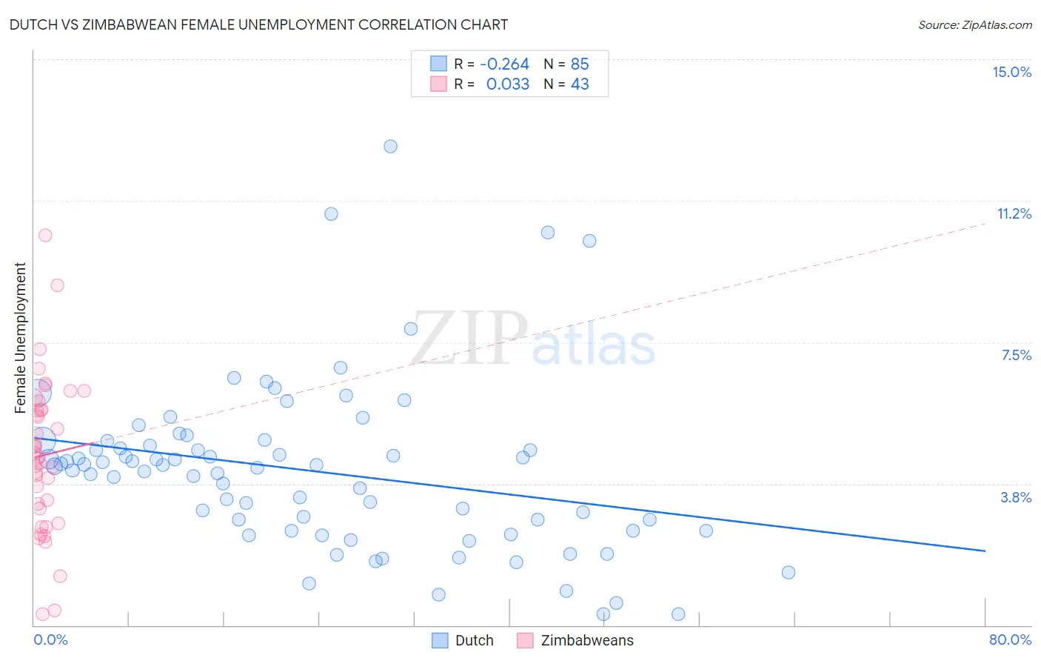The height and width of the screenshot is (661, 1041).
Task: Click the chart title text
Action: [x=258, y=24]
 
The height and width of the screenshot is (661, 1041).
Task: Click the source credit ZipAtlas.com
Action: [x=974, y=24]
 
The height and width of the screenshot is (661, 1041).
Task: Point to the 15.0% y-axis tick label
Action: [x=1011, y=72]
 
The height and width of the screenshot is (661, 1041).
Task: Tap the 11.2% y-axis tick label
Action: [x=1014, y=214]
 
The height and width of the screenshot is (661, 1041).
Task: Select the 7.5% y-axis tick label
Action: [x=1016, y=356]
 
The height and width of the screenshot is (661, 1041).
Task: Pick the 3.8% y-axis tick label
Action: [x=1016, y=497]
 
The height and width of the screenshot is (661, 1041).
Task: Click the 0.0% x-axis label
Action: [x=50, y=640]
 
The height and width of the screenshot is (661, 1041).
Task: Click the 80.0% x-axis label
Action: [x=1010, y=640]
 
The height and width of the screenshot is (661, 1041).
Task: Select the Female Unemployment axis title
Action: [x=20, y=338]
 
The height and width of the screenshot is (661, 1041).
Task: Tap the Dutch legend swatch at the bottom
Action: [x=440, y=640]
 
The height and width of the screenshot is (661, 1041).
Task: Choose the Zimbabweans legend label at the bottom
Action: [x=586, y=640]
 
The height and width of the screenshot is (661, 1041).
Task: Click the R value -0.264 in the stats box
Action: [x=504, y=64]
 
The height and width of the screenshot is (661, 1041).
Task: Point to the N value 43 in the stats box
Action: [x=580, y=84]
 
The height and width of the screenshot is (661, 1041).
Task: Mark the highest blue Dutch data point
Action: [x=390, y=147]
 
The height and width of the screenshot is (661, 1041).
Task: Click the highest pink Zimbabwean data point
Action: [x=45, y=236]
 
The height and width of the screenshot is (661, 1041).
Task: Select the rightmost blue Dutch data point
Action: [x=788, y=573]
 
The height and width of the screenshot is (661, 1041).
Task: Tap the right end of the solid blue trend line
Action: [x=985, y=551]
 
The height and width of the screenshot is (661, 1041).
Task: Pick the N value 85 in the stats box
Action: [x=580, y=64]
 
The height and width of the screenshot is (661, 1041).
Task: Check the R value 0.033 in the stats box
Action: [x=507, y=84]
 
